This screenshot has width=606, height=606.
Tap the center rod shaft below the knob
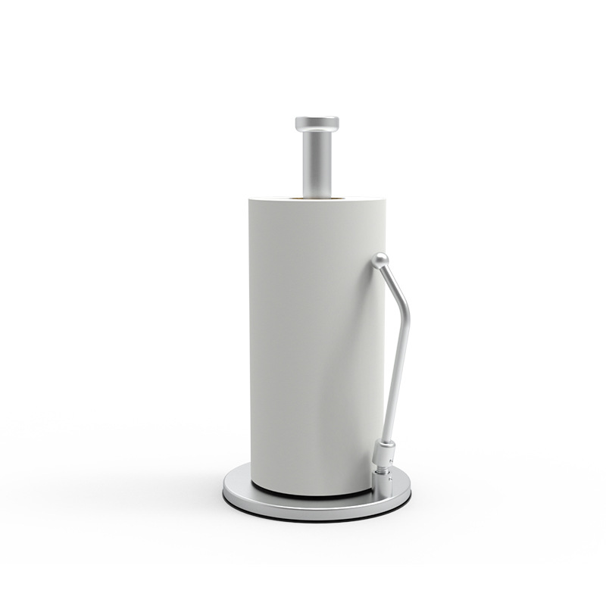coord(317,163)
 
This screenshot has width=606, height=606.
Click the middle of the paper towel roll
coord(317,341)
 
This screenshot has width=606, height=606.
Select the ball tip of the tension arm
coord(380,261)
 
